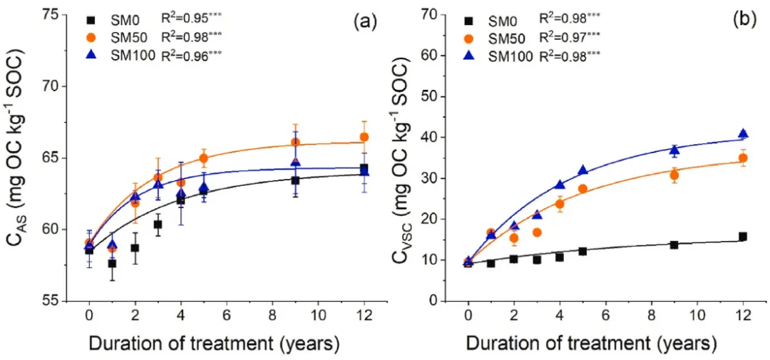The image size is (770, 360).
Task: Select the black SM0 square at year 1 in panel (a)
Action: point(112,263)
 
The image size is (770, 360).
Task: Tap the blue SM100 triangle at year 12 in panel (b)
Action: point(743,134)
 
